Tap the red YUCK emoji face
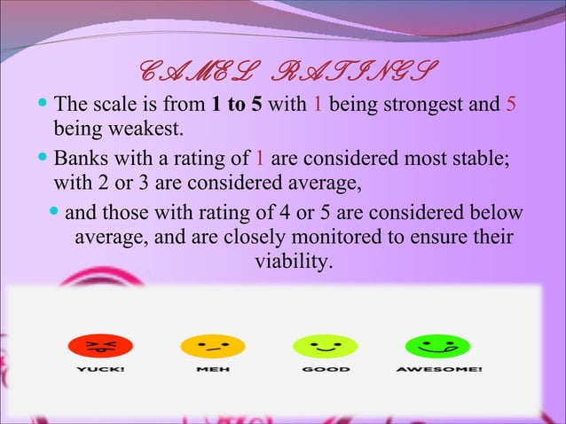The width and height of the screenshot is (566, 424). click(98, 344)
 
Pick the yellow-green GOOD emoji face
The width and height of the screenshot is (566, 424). click(326, 344)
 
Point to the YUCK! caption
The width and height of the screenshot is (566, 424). click(98, 368)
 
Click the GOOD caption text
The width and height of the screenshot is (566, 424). click(326, 368)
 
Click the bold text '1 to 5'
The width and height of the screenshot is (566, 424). click(238, 106)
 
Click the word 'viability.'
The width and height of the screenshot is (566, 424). click(294, 263)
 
